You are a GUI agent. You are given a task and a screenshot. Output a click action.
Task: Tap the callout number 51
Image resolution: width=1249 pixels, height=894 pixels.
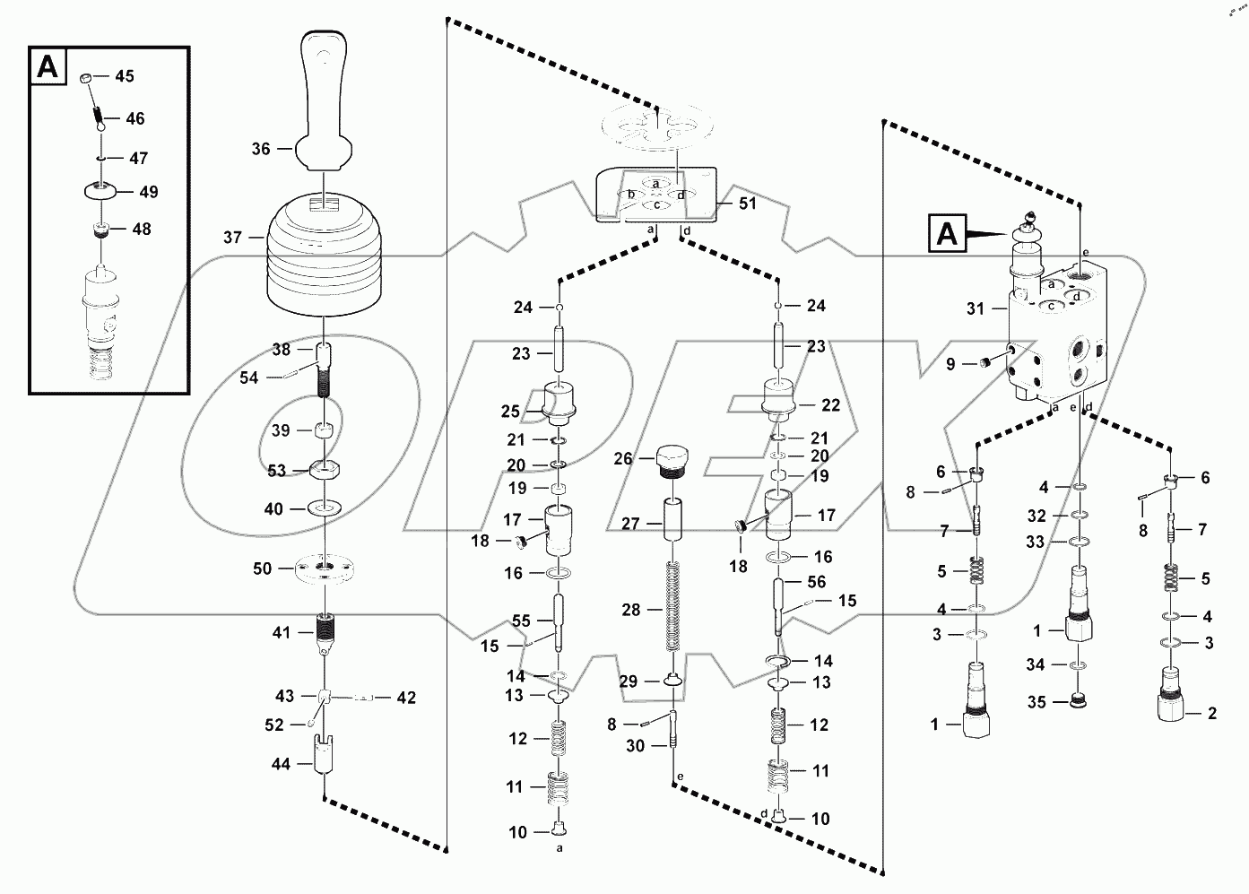click(x=748, y=204)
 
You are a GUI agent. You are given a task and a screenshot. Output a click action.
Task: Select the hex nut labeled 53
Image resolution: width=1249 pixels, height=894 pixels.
click(x=324, y=470)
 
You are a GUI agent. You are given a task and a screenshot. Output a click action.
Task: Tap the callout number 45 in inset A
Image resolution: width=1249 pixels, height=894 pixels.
click(x=125, y=76)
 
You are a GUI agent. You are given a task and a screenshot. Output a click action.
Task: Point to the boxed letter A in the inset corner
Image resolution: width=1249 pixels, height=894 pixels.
click(x=48, y=67)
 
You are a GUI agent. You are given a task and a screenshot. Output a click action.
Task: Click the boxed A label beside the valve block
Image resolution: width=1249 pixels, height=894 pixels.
click(x=947, y=235)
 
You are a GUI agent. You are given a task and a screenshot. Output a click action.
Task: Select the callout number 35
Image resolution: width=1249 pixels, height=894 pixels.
click(x=1036, y=702)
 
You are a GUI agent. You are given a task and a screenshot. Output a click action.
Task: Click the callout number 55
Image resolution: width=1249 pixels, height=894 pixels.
click(x=521, y=621)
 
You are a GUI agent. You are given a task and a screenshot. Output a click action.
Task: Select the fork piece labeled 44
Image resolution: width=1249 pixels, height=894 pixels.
click(x=322, y=753)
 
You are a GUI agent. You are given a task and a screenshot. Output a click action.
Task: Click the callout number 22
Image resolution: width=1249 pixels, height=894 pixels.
click(x=830, y=405)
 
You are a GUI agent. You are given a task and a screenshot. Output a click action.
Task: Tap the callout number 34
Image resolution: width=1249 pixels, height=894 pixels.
click(x=1036, y=665)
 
